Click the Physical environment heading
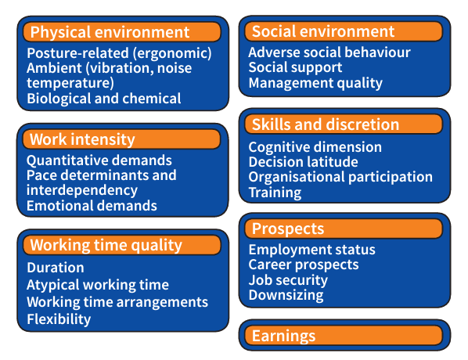[110, 32]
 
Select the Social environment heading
[323, 31]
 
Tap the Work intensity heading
[82, 139]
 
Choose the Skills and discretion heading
[326, 124]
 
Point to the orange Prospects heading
[288, 229]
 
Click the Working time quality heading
[106, 246]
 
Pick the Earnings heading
[283, 336]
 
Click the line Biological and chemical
[104, 99]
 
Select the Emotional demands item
[92, 206]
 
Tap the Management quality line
[315, 83]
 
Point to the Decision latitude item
[303, 162]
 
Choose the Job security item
[288, 280]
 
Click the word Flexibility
[59, 319]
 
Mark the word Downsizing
[286, 295]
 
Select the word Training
[275, 193]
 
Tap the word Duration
[56, 268]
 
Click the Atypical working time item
[98, 285]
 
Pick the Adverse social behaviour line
[329, 52]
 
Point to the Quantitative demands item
[99, 160]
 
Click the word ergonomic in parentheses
[172, 53]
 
